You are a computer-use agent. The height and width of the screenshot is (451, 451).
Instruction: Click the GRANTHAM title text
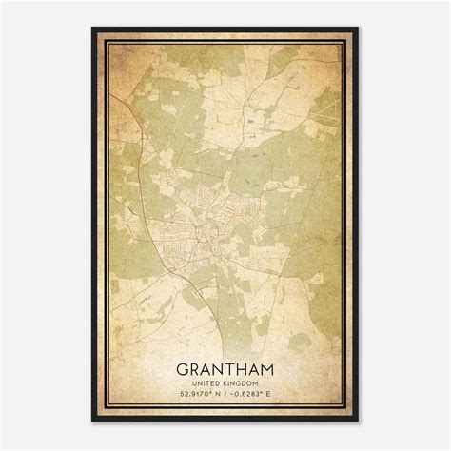point(225,366)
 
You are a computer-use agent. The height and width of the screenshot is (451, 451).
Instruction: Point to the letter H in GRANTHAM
point(243,366)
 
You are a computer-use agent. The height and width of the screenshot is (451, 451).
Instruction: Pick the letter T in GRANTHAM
point(231,366)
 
